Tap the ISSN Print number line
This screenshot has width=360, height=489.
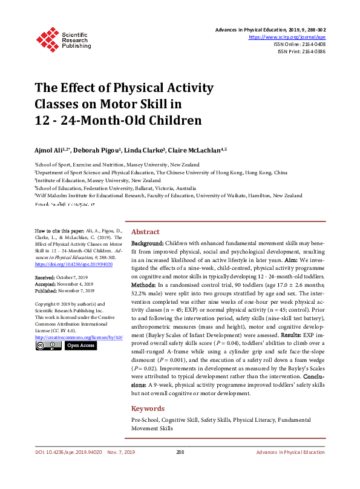[301, 51]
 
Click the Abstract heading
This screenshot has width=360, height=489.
[145, 232]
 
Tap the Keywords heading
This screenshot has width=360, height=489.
[148, 409]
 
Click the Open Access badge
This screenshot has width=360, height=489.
[80, 346]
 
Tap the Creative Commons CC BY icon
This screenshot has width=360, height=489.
[48, 346]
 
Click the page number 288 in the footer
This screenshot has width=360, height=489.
[180, 452]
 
